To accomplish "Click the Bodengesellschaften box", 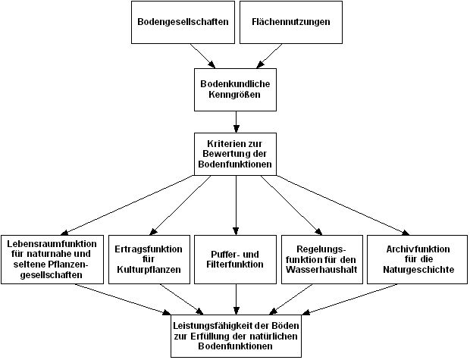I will pyautogui.click(x=183, y=22).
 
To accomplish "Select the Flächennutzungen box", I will pyautogui.click(x=291, y=22).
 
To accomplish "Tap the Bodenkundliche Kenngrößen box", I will pyautogui.click(x=237, y=90).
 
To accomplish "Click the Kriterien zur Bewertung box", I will pyautogui.click(x=237, y=154).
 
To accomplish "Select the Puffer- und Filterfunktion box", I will pyautogui.click(x=237, y=258).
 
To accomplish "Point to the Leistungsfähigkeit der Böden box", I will pyautogui.click(x=237, y=333).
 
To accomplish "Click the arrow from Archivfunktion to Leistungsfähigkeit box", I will pyautogui.click(x=356, y=298).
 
